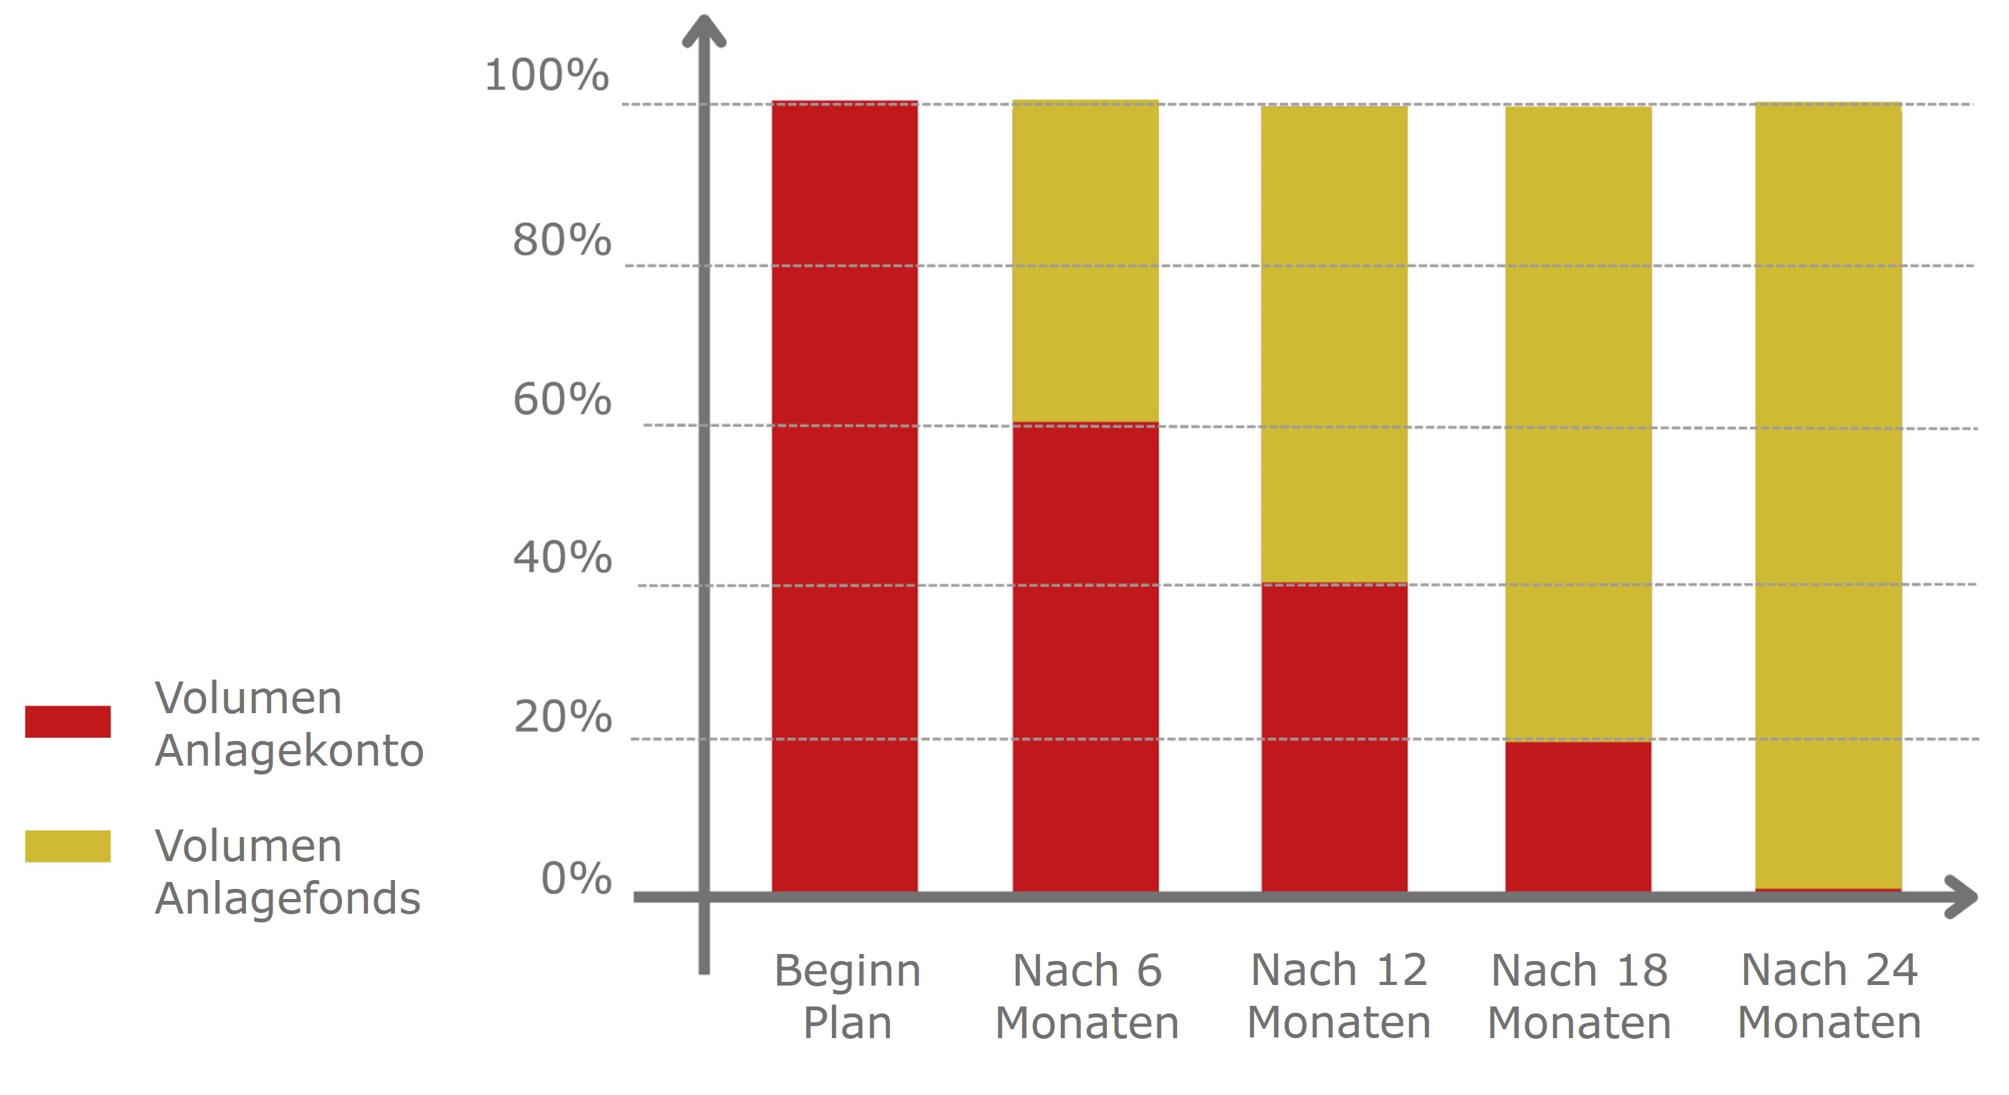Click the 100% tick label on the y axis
pos(546,76)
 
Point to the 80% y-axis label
pos(561,240)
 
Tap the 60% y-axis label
pos(561,400)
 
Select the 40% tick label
pos(561,558)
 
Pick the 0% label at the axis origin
pos(575,879)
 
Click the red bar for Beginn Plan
pos(845,496)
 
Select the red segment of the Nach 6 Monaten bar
pos(1085,657)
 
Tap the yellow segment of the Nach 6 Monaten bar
pos(1085,261)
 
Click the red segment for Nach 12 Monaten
pos(1334,737)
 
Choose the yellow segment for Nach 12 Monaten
pos(1334,344)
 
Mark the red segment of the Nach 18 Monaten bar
pos(1578,816)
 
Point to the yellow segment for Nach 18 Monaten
pos(1578,423)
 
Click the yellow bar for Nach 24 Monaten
pos(1828,496)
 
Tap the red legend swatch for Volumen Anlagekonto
pos(68,721)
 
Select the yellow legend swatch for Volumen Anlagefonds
pos(68,846)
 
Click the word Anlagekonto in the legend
pos(288,750)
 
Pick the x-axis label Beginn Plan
pos(847,996)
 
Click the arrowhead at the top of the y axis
pos(704,31)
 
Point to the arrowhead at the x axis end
pos(1962,897)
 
